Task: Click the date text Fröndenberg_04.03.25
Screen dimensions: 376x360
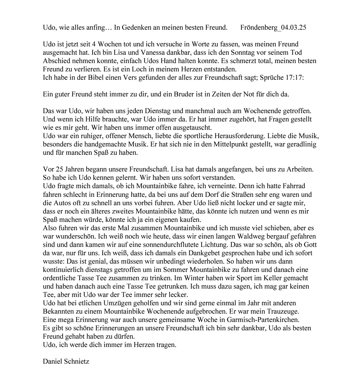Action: coord(273,27)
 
